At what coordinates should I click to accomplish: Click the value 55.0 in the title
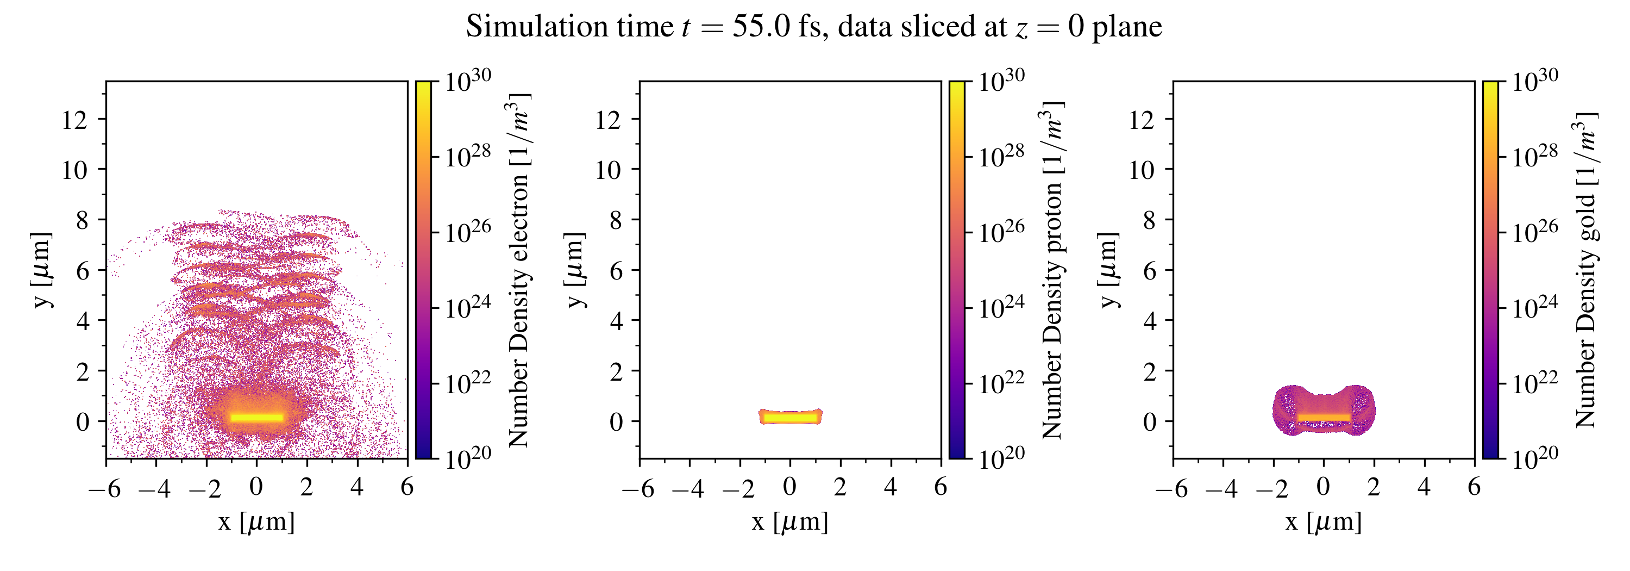point(761,27)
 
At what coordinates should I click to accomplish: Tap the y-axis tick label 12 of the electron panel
point(74,120)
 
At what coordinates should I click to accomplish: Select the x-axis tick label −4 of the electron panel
point(154,488)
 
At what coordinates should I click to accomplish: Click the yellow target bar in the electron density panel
point(256,418)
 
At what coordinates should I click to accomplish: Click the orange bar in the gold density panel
point(1324,418)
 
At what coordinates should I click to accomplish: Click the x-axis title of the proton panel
point(789,522)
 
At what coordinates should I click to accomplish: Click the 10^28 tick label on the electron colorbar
point(467,155)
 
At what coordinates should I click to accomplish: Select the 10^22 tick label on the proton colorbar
point(1001,382)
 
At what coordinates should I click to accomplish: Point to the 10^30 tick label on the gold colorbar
point(1534,79)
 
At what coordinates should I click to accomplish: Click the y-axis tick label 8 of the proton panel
point(616,220)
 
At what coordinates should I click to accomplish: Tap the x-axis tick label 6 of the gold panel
point(1475,487)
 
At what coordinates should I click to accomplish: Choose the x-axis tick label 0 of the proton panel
point(789,487)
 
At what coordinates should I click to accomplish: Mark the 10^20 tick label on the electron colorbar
point(467,457)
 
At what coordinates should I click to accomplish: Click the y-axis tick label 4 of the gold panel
point(1149,321)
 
